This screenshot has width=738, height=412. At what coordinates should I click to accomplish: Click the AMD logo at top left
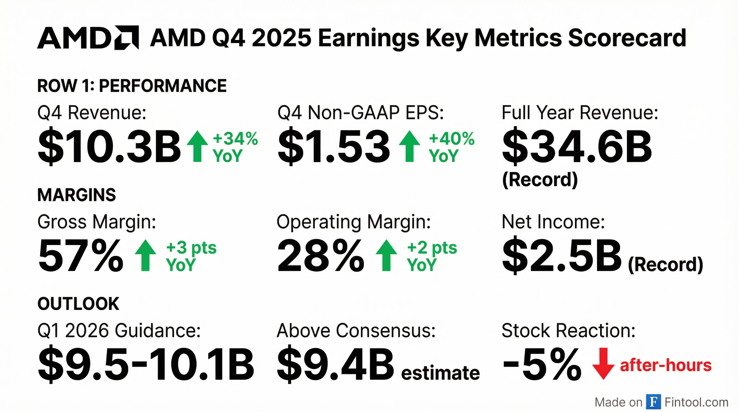[x=88, y=38]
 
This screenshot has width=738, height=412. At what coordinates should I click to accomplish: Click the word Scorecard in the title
[x=627, y=38]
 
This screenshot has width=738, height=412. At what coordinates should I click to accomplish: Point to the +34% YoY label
[x=235, y=147]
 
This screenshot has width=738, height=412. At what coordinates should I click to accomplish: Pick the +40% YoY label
[x=451, y=147]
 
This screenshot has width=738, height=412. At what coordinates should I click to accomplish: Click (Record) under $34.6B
[x=540, y=180]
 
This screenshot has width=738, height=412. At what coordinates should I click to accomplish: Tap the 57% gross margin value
[x=81, y=256]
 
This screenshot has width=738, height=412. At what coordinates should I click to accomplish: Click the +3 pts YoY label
[x=191, y=256]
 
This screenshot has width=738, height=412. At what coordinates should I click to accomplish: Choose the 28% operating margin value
[x=320, y=256]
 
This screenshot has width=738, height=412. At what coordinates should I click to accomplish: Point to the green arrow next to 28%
[x=386, y=255]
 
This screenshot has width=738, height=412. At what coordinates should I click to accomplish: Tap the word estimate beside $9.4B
[x=440, y=373]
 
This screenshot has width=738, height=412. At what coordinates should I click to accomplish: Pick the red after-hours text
[x=666, y=365]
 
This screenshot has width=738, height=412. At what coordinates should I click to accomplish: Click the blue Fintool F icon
[x=654, y=402]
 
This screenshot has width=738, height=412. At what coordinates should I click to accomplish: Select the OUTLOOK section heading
[x=78, y=304]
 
